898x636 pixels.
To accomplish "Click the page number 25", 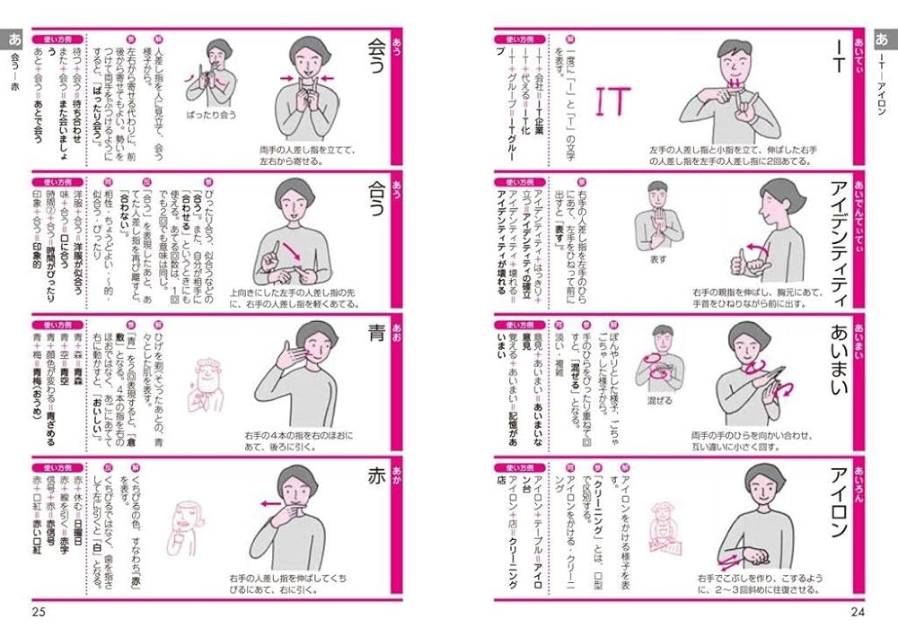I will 39,613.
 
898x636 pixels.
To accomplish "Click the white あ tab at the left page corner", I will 13,39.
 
